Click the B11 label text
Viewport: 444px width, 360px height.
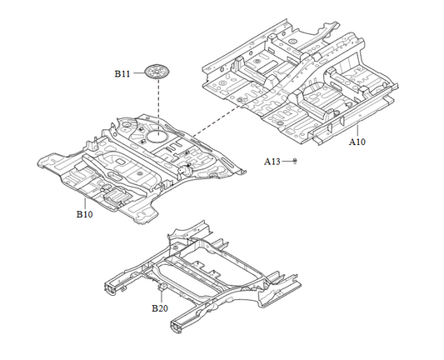point(122,74)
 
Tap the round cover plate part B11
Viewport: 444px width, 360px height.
point(156,72)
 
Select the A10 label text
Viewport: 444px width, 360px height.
point(357,142)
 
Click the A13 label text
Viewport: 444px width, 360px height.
point(274,160)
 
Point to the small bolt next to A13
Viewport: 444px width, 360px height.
point(295,160)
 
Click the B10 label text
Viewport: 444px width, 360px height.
point(85,214)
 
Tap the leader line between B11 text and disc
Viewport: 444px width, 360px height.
point(138,74)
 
